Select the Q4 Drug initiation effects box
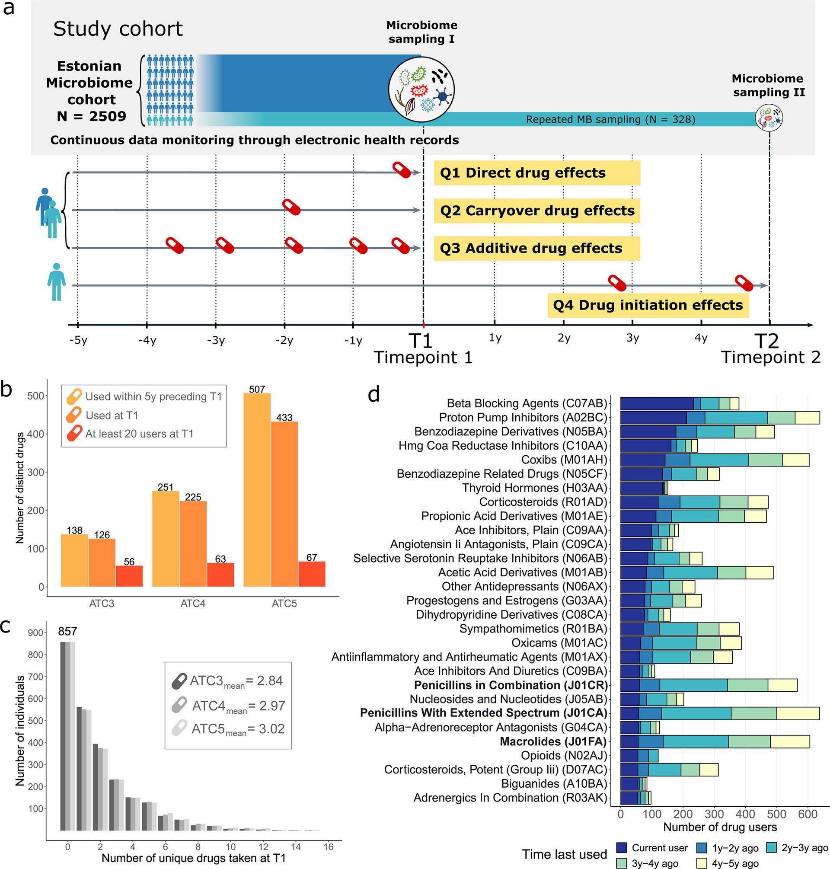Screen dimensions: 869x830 pos(648,305)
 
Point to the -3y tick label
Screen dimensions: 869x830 pos(216,340)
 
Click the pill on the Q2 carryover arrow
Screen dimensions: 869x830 pos(291,207)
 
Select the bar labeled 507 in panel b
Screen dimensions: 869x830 pos(257,489)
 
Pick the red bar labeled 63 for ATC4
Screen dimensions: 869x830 pos(220,574)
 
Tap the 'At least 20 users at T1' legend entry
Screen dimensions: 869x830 pos(139,434)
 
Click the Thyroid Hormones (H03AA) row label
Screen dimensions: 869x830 pos(534,488)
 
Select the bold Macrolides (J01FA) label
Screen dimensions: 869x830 pos(553,741)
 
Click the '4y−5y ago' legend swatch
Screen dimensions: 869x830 pos(701,863)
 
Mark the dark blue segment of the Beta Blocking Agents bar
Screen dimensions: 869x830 pos(657,403)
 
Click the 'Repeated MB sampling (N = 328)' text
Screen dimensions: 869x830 pos(610,119)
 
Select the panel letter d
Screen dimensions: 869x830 pos(374,394)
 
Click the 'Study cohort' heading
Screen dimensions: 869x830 pos(118,29)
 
